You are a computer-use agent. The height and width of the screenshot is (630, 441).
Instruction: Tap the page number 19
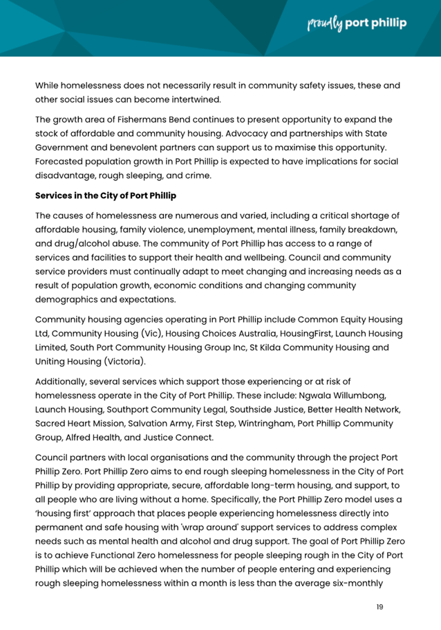click(x=379, y=607)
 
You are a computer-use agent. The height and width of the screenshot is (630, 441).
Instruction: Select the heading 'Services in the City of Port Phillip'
click(x=106, y=195)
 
